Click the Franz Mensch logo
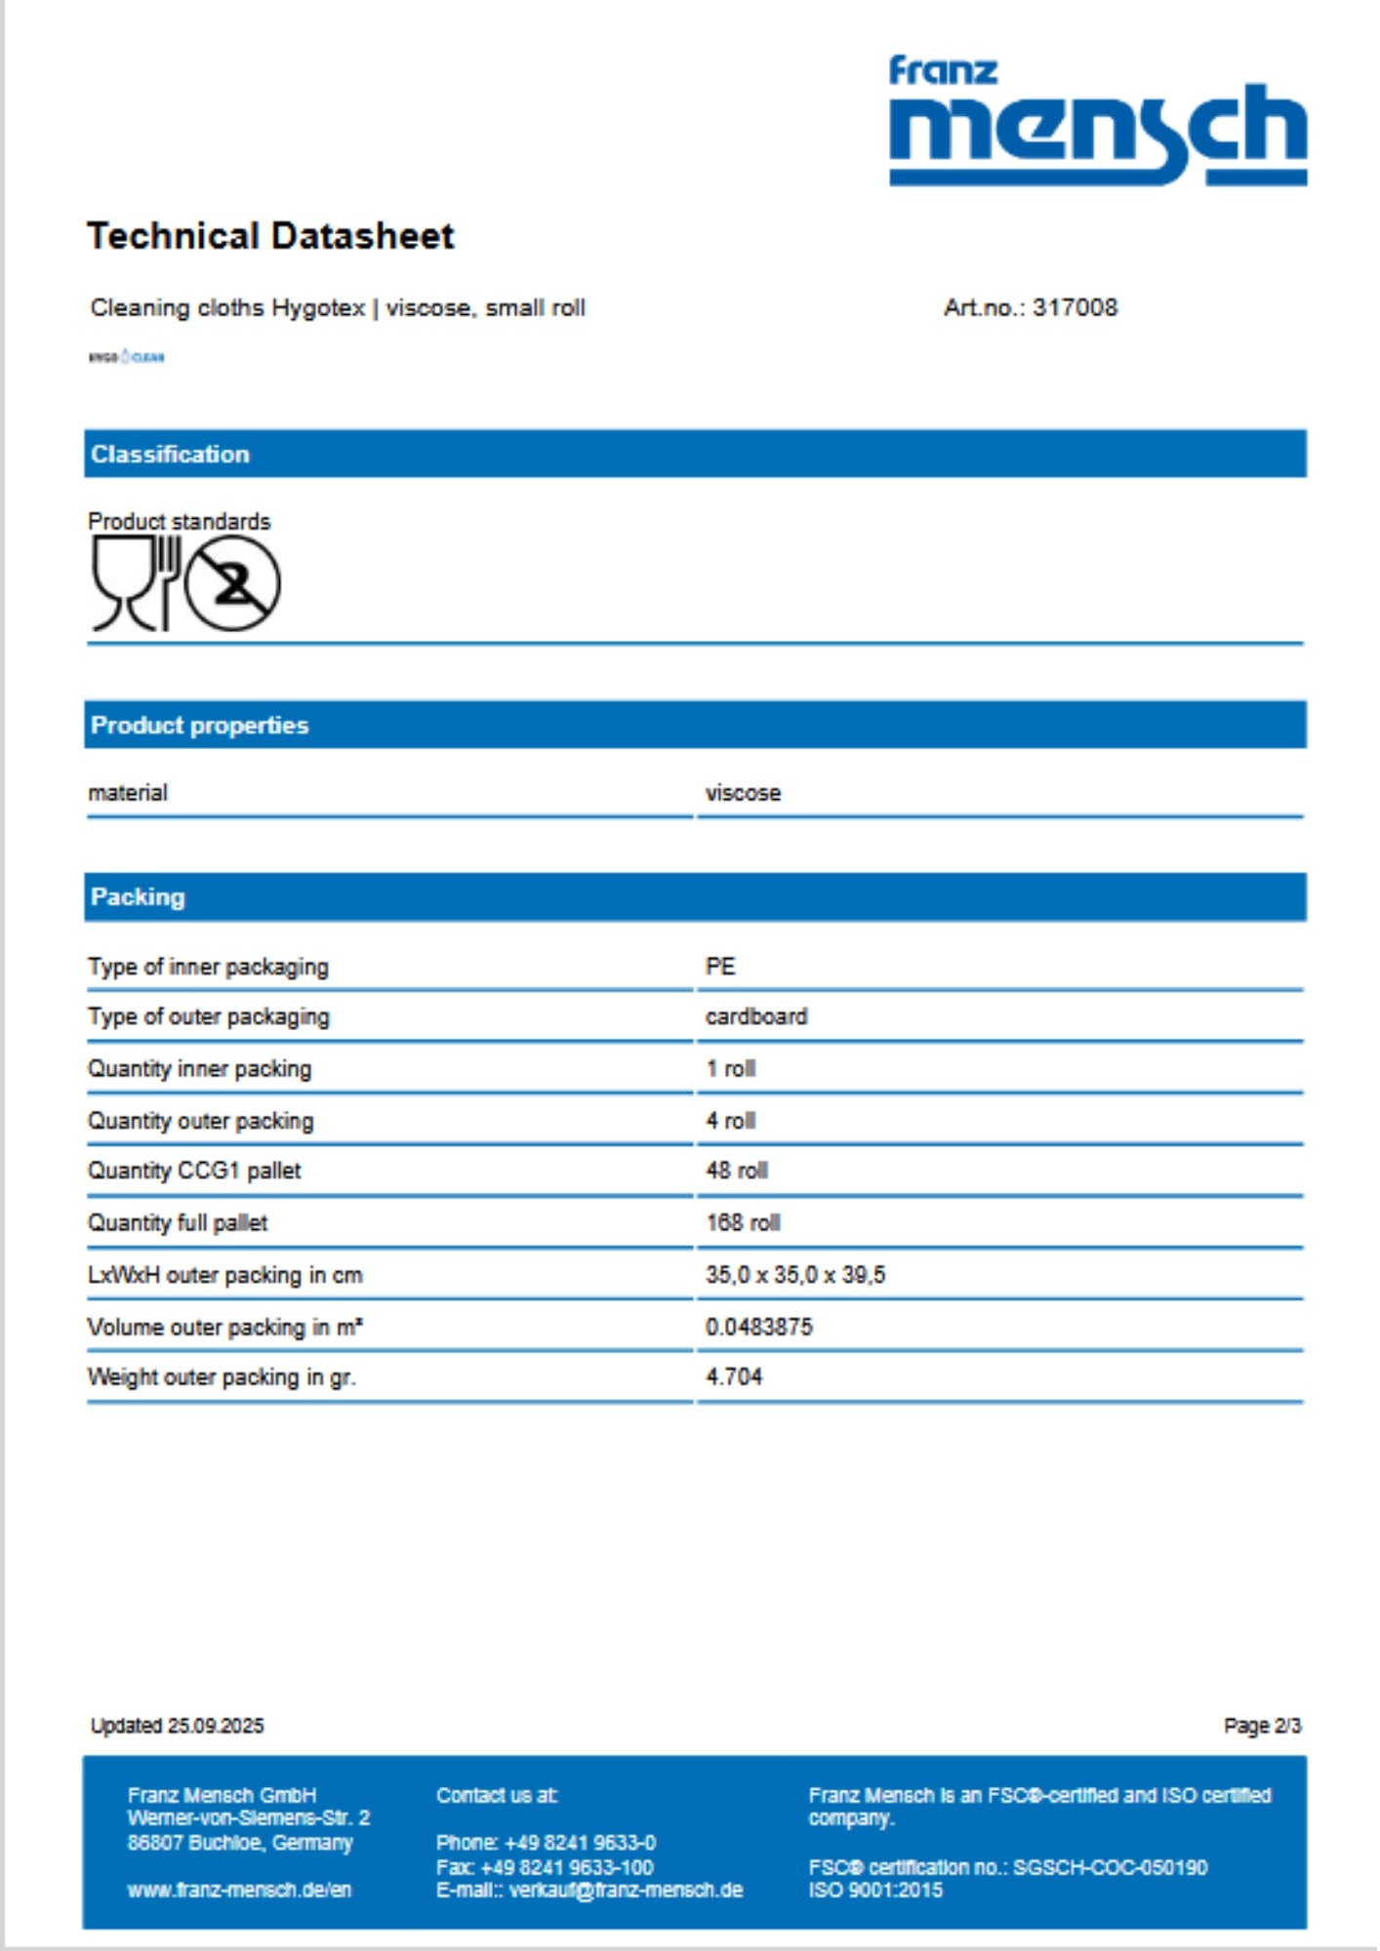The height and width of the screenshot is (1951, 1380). coord(1097,121)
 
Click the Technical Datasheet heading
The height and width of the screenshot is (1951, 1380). coord(270,236)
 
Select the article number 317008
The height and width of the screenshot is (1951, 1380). coord(1075,308)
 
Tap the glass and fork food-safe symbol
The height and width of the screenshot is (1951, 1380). coord(136,583)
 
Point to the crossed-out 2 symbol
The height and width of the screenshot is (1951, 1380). coord(232,584)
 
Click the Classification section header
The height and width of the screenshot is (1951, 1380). coord(170,455)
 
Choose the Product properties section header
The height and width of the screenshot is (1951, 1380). coord(199,726)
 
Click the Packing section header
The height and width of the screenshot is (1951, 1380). coord(138,897)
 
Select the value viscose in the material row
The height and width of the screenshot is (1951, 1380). coord(743,793)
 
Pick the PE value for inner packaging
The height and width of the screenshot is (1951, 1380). coord(720,967)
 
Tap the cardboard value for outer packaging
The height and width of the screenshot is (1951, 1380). coord(756,1016)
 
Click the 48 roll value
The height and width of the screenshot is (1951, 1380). coord(737,1171)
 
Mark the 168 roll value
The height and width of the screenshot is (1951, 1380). coord(743,1223)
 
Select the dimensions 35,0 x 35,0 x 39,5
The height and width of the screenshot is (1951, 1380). coord(795,1275)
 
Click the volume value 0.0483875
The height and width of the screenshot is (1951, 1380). coord(758,1327)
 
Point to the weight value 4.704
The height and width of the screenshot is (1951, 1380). coord(734,1377)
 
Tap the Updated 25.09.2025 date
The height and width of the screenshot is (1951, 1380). coord(177,1726)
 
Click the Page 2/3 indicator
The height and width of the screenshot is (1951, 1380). coord(1262,1726)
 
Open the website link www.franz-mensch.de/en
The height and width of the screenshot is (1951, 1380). coord(239,1891)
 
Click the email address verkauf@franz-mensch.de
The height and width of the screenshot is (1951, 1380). coord(626,1891)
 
